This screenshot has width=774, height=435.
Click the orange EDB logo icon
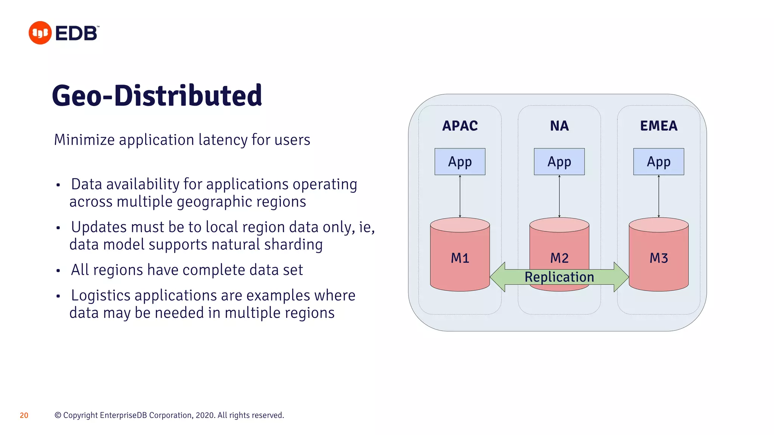click(40, 33)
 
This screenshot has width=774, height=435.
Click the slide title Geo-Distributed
click(157, 95)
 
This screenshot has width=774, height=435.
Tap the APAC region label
click(460, 126)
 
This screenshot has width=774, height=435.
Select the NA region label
click(559, 126)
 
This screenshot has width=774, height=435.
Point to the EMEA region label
click(658, 126)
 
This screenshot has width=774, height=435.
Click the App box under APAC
click(460, 162)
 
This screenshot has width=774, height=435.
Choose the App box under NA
click(559, 162)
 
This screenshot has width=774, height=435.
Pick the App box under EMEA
click(658, 162)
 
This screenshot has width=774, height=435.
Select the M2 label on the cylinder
click(559, 258)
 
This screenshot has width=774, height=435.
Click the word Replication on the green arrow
click(559, 277)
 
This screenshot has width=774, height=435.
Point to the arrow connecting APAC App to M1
click(460, 196)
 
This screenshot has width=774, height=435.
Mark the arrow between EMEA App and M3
click(659, 196)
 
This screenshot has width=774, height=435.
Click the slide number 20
click(24, 415)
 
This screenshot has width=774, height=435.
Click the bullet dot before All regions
click(58, 271)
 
